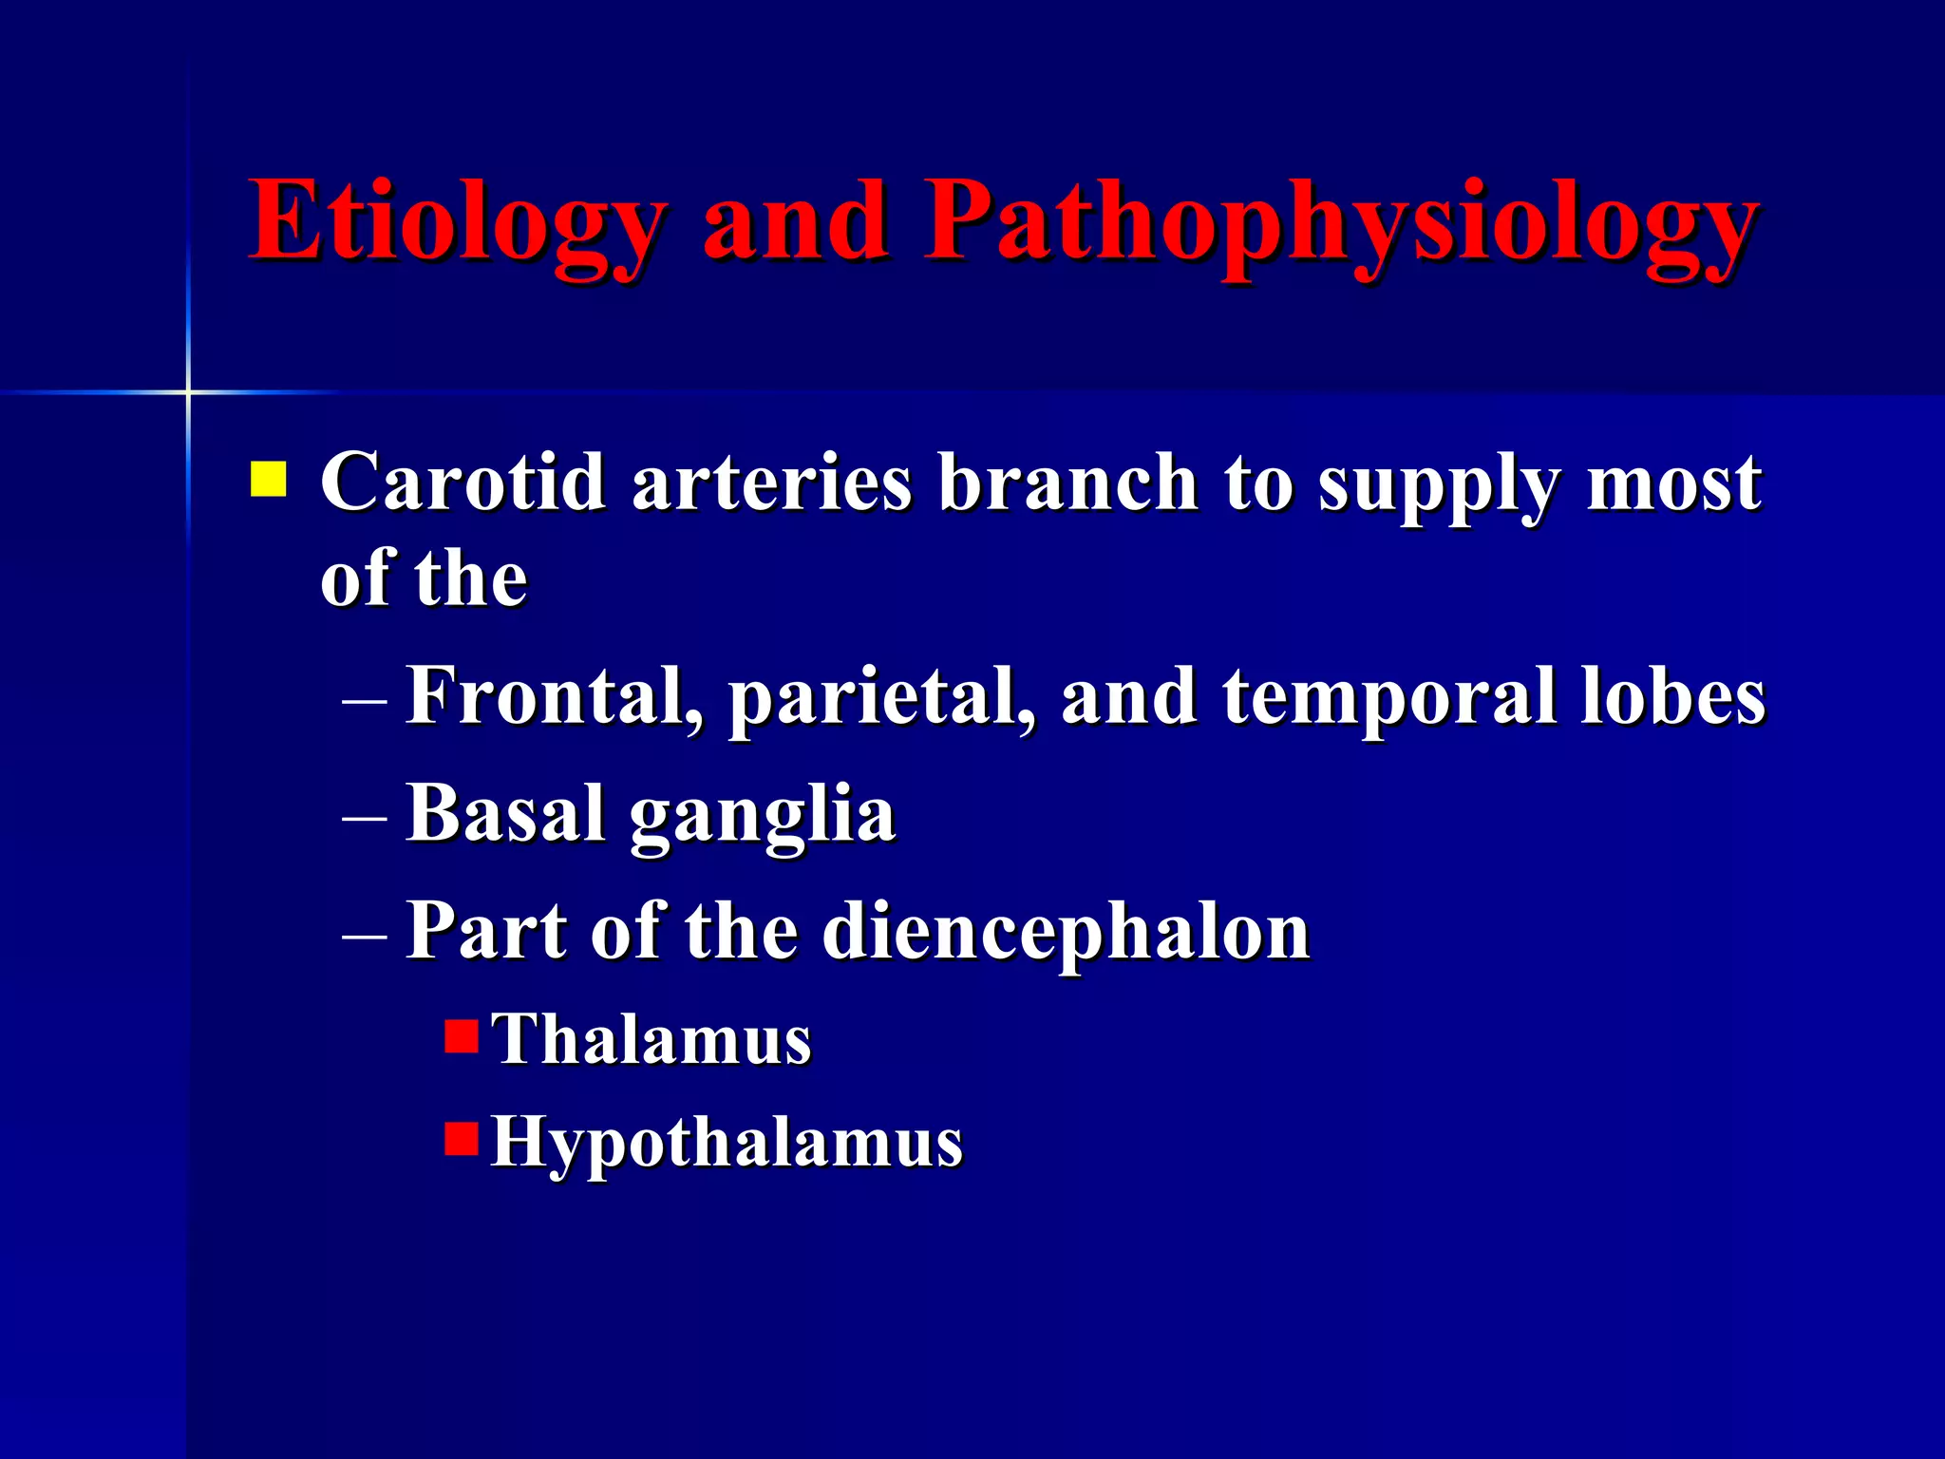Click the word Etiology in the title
456,223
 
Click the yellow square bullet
268,480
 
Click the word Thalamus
651,1039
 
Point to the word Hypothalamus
727,1143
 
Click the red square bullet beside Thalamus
462,1036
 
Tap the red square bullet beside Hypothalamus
462,1138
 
